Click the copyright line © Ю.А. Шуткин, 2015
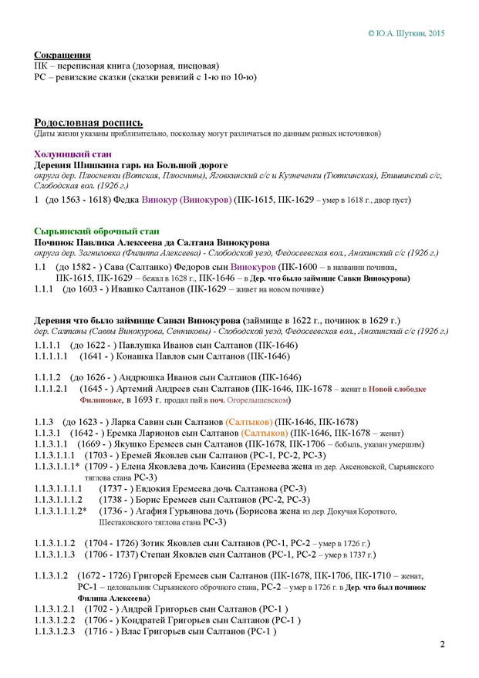point(406,34)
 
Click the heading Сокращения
point(63,56)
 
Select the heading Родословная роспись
point(89,123)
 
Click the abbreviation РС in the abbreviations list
point(42,77)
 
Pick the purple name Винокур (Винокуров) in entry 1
point(187,200)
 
